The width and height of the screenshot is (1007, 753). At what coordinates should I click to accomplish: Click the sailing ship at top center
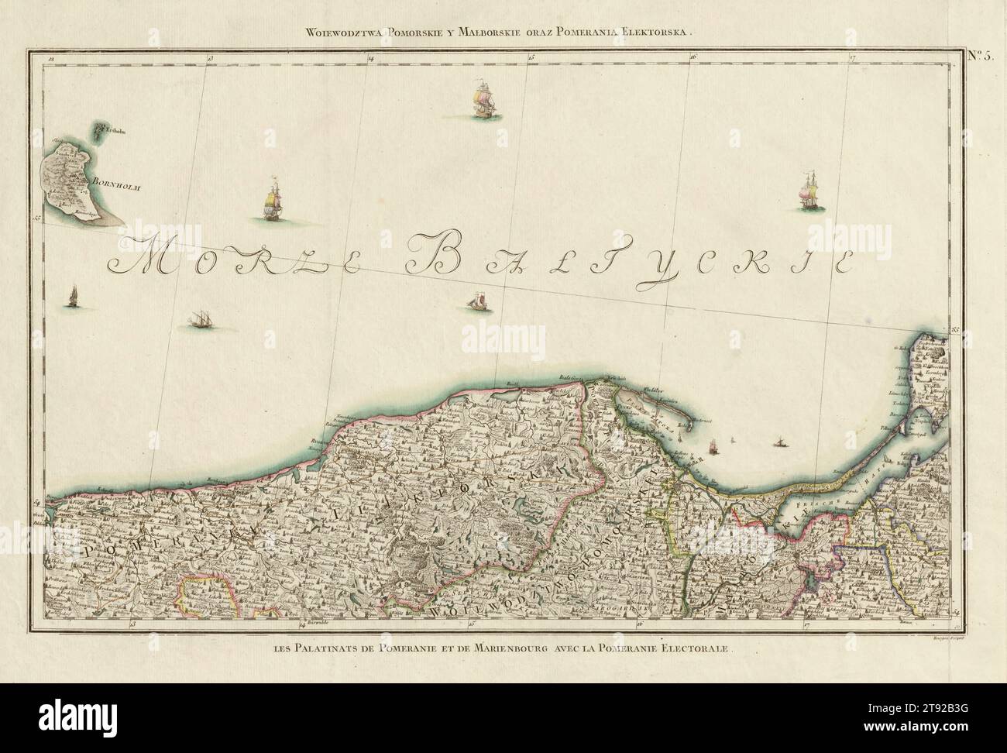[x=485, y=101]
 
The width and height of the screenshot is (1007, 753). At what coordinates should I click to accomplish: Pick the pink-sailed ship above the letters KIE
[x=809, y=189]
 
